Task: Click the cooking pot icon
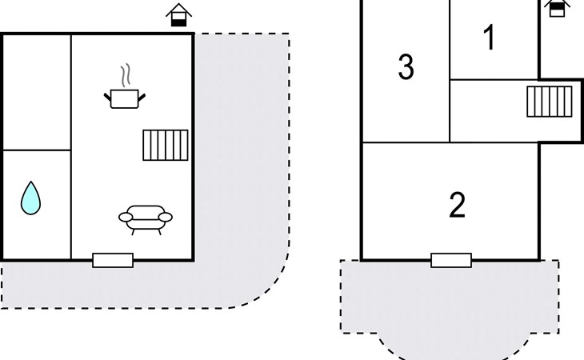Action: [x=124, y=98]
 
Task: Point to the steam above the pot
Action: [x=126, y=75]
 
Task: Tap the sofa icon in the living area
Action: [x=146, y=220]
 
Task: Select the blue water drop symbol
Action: [x=30, y=198]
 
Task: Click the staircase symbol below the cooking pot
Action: [x=166, y=145]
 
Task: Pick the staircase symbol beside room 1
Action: [x=550, y=102]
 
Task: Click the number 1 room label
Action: [x=490, y=37]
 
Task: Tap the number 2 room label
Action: [x=457, y=204]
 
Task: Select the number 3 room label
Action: [x=406, y=66]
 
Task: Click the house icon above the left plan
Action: [x=178, y=15]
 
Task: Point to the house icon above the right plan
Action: [x=557, y=8]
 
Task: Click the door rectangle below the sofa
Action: [x=113, y=260]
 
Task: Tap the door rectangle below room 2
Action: [x=451, y=260]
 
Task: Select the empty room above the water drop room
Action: [x=37, y=92]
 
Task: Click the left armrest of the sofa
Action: [x=126, y=217]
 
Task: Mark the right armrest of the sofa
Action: [x=166, y=217]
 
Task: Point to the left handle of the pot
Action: [x=107, y=97]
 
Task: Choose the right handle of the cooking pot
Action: [x=142, y=97]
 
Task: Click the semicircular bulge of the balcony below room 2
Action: [x=454, y=346]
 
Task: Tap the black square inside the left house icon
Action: [x=178, y=22]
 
